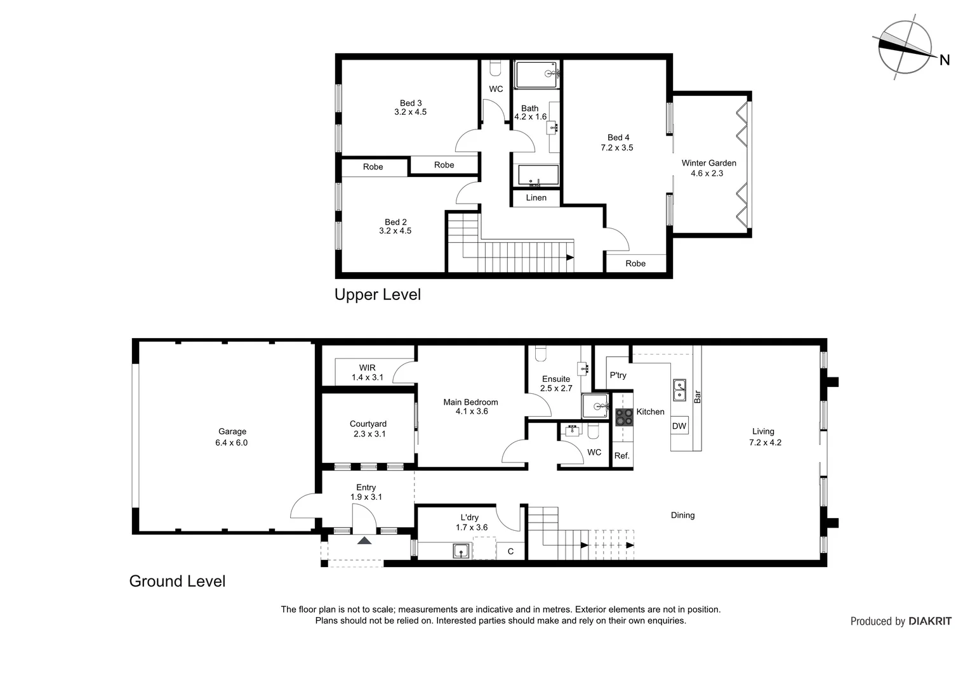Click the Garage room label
pyautogui.click(x=232, y=431)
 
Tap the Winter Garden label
pyautogui.click(x=709, y=163)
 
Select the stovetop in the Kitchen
pyautogui.click(x=624, y=417)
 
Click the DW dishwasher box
pyautogui.click(x=679, y=426)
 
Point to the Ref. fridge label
pyautogui.click(x=622, y=455)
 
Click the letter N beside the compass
pyautogui.click(x=945, y=60)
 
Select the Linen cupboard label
pyautogui.click(x=536, y=198)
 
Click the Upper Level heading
pyautogui.click(x=378, y=295)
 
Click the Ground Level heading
pyautogui.click(x=178, y=581)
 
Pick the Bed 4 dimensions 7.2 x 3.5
pyautogui.click(x=617, y=148)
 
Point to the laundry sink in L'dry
pyautogui.click(x=461, y=551)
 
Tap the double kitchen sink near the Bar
pyautogui.click(x=679, y=390)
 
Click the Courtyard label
pyautogui.click(x=368, y=424)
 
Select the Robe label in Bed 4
pyautogui.click(x=635, y=263)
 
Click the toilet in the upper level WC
pyautogui.click(x=495, y=68)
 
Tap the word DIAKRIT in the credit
pyautogui.click(x=930, y=622)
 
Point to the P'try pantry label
pyautogui.click(x=618, y=375)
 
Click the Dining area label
pyautogui.click(x=682, y=515)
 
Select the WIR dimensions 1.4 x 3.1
pyautogui.click(x=367, y=377)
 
